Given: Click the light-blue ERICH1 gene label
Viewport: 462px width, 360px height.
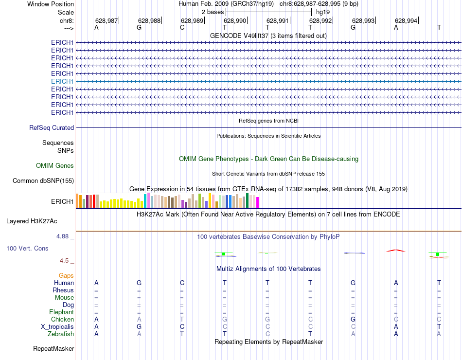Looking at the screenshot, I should (x=62, y=81).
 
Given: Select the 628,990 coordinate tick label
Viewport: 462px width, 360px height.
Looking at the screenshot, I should (x=235, y=20).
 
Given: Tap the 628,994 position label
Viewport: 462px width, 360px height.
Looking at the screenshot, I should (x=406, y=20).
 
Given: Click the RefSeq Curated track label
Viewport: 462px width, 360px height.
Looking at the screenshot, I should (x=52, y=127).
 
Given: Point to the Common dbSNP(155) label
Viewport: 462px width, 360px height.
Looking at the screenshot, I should (x=43, y=181).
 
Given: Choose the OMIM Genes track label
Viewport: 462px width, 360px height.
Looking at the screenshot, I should (x=55, y=165).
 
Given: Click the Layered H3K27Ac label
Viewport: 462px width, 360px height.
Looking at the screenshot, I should (x=32, y=221).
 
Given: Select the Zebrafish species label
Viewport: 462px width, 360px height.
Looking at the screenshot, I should (x=61, y=334).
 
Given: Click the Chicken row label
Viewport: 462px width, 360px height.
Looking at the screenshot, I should (x=63, y=320).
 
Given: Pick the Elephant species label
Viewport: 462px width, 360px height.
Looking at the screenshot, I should (x=61, y=312).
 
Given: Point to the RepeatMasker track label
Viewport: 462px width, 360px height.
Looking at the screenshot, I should (x=53, y=349).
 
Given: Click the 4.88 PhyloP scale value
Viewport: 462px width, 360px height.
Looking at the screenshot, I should (x=65, y=236).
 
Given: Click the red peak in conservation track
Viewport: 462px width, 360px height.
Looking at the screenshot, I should (x=395, y=251).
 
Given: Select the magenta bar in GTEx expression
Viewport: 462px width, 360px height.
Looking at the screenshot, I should (x=257, y=202).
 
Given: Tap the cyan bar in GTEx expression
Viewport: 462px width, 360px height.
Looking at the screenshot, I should (x=145, y=200).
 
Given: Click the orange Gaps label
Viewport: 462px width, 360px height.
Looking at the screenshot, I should (x=66, y=275).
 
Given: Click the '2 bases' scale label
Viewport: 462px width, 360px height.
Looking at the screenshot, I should (x=213, y=12).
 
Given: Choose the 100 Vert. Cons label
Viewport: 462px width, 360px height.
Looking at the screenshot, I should (x=27, y=249).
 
